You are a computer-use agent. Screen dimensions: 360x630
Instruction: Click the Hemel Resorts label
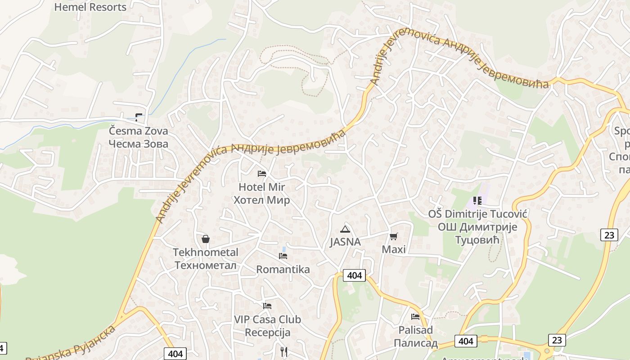pos(90,7)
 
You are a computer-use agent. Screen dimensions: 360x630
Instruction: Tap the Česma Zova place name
pos(139,137)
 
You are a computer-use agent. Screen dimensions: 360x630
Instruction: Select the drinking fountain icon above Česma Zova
pos(139,117)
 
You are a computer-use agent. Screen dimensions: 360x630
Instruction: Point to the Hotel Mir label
pos(261,193)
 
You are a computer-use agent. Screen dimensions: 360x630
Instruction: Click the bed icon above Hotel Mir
pos(262,173)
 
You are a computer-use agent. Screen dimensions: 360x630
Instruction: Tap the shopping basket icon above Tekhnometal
pos(206,238)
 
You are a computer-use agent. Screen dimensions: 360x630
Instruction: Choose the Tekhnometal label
pos(206,258)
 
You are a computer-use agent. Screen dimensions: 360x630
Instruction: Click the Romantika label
pos(283,269)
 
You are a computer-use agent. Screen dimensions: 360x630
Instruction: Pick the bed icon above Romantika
pos(283,256)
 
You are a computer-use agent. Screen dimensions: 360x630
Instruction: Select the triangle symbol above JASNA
pos(345,229)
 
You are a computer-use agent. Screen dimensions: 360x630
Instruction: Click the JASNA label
pos(345,242)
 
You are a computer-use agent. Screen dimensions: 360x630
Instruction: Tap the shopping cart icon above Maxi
pos(394,236)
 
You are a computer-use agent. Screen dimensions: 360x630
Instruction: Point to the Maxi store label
pos(394,249)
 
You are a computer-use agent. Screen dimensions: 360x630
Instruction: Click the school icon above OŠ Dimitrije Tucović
pos(477,200)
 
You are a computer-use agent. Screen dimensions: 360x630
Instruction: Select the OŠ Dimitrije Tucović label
pos(477,227)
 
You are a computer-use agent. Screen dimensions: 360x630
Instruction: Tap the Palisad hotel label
pos(416,336)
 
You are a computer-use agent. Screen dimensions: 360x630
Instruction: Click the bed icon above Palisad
pos(415,316)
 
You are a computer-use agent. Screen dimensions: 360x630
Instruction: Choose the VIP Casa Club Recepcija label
pos(267,326)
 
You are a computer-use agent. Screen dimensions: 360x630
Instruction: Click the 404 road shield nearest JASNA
pos(355,275)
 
